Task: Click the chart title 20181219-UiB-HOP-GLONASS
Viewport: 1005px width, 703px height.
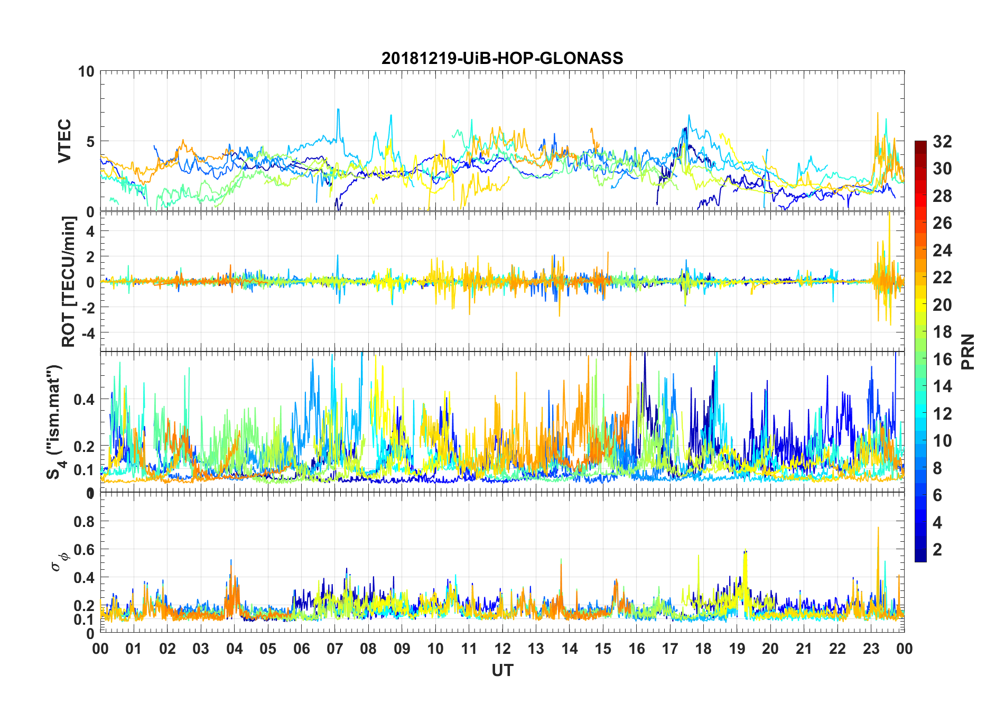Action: [502, 58]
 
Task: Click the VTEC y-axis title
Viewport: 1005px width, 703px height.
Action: [64, 141]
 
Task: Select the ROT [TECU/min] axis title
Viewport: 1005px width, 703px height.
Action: [69, 281]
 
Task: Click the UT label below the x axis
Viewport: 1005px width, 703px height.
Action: [502, 671]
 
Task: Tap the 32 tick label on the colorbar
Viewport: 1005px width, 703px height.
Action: [942, 142]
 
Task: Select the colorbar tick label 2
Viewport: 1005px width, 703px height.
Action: [937, 550]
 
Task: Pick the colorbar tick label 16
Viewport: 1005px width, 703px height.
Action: [942, 359]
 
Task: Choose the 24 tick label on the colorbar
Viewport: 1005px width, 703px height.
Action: [942, 251]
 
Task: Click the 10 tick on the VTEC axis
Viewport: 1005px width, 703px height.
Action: [86, 71]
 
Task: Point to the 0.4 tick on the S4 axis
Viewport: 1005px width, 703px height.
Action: [84, 399]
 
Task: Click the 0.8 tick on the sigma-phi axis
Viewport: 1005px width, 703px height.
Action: [84, 522]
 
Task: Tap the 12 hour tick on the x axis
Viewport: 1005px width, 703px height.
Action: [503, 649]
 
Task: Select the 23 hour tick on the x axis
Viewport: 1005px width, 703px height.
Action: [871, 649]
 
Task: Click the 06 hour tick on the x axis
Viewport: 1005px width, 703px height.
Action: [301, 649]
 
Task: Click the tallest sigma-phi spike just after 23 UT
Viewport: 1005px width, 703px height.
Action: [878, 528]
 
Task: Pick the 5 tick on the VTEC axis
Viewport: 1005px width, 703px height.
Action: [90, 142]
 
